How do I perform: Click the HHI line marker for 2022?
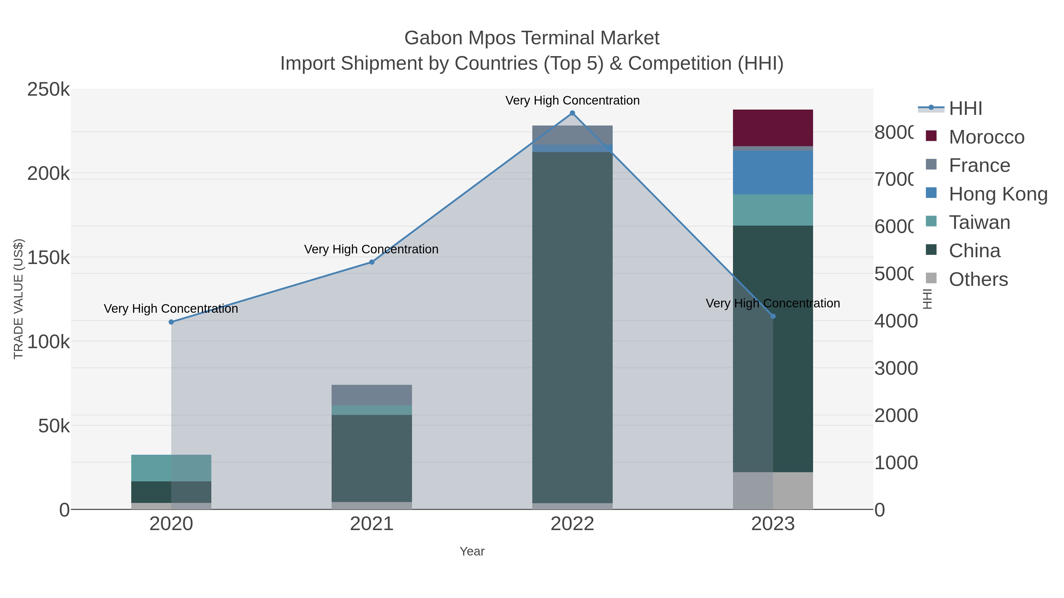(572, 113)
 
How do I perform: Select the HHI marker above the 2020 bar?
(171, 322)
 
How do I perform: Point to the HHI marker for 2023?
(773, 316)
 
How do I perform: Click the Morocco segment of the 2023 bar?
(773, 128)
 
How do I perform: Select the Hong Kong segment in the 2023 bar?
(773, 172)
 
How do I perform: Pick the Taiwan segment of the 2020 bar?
(171, 468)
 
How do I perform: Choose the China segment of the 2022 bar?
(572, 326)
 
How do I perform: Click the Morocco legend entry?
(986, 137)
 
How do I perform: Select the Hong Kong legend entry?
(997, 194)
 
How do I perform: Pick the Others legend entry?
(978, 279)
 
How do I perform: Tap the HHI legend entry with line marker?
(965, 109)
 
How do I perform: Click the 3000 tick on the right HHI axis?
(896, 368)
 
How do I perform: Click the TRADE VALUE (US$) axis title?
(19, 299)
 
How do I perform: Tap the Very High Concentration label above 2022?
(572, 100)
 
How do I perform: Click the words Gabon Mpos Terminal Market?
(532, 38)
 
